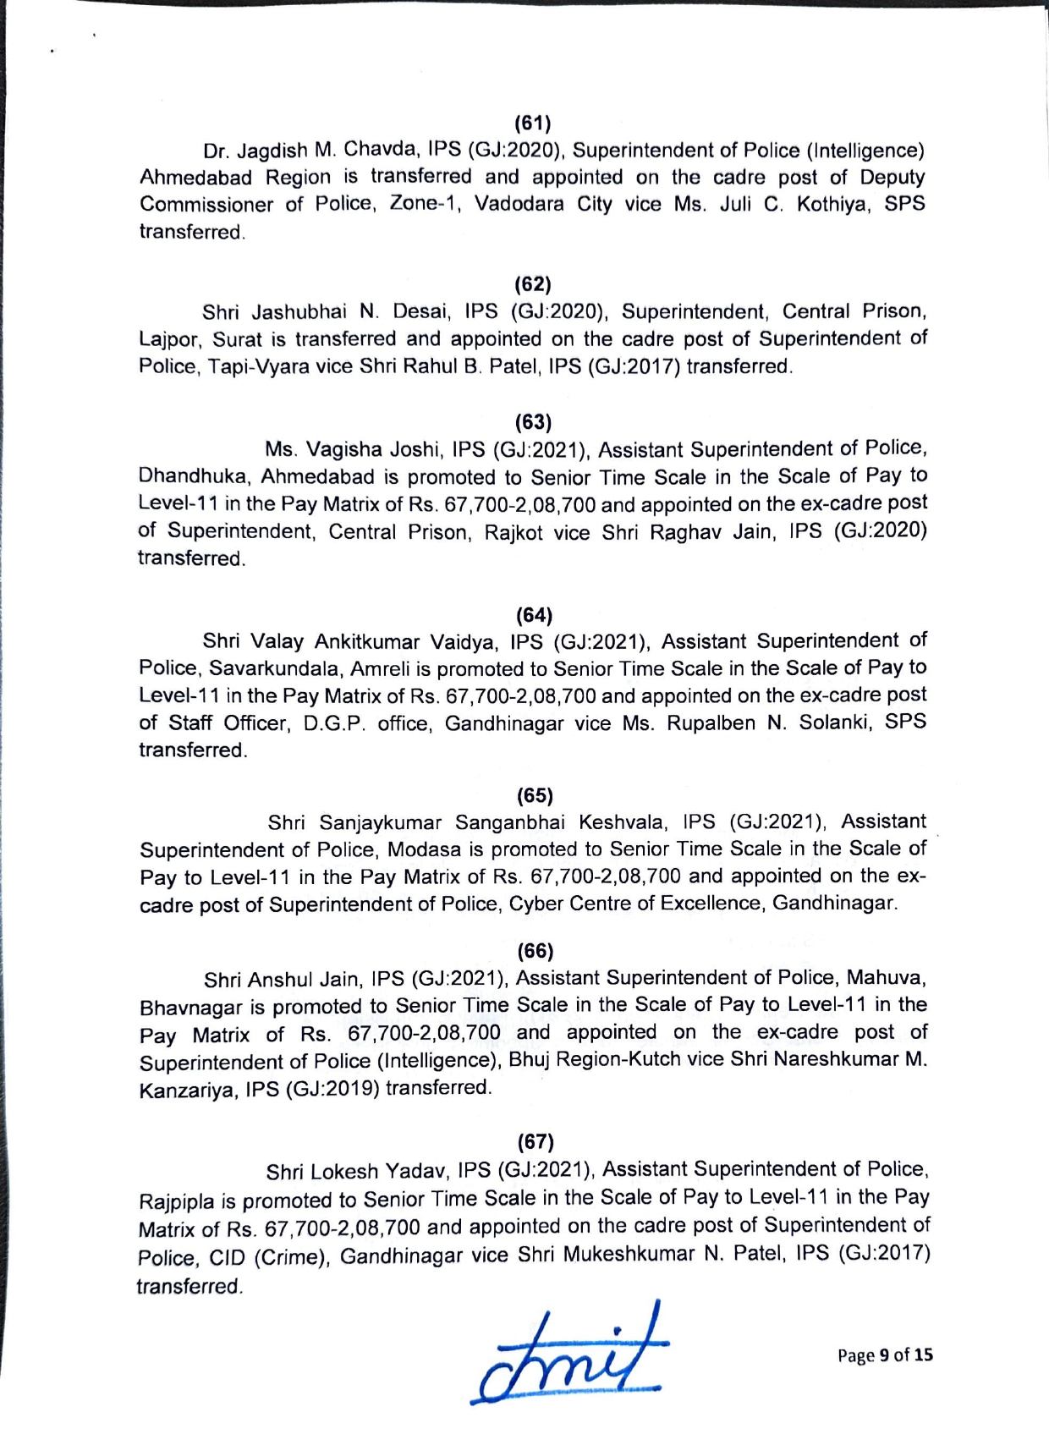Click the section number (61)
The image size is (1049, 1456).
(533, 124)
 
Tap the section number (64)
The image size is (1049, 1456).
(534, 614)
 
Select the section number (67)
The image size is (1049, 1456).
(535, 1142)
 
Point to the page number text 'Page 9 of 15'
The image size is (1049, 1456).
(885, 1355)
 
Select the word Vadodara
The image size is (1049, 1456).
(519, 205)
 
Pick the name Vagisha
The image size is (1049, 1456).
(342, 448)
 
